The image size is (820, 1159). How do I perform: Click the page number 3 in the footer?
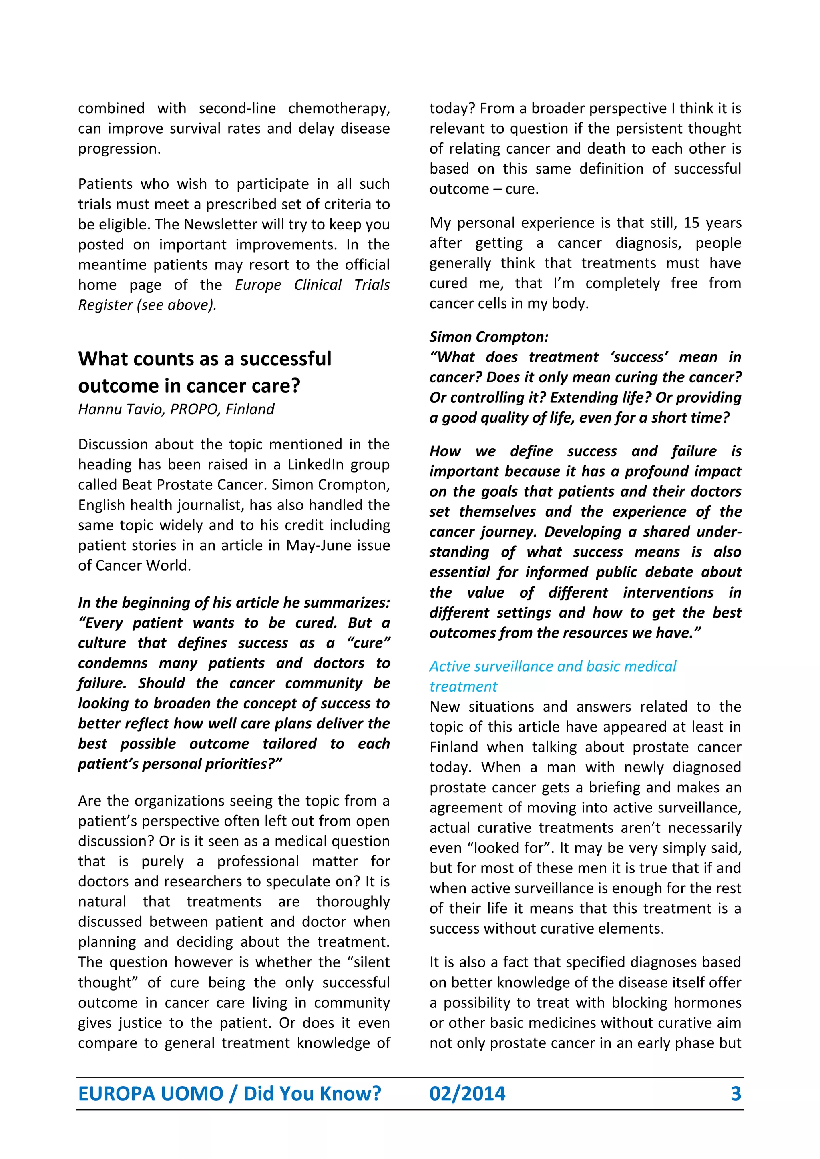[x=736, y=1093]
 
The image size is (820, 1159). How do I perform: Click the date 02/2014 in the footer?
[x=467, y=1093]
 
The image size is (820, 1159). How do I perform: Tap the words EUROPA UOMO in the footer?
[x=151, y=1093]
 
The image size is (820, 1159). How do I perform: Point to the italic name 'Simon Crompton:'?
[x=488, y=337]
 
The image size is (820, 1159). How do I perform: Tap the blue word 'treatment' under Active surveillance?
[x=463, y=686]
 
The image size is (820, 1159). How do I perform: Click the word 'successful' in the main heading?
[x=285, y=359]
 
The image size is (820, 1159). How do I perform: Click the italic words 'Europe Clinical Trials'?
[x=312, y=285]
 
